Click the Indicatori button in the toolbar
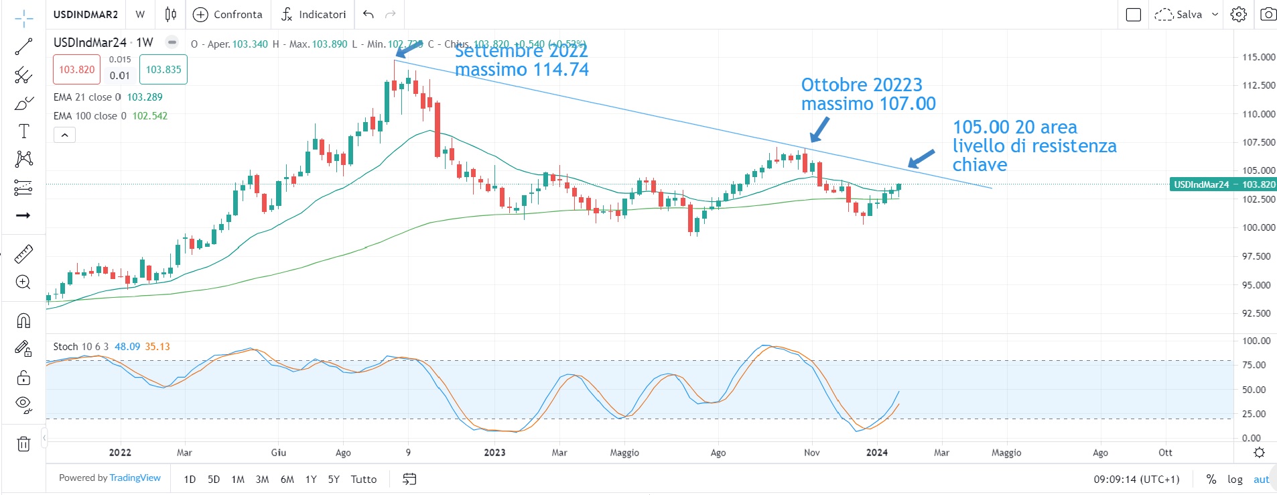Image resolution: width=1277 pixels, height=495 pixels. [x=314, y=14]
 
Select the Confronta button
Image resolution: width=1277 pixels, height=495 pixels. [x=228, y=14]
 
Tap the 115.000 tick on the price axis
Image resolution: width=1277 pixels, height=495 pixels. [x=1258, y=57]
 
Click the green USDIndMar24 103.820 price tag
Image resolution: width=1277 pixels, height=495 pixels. [x=1223, y=184]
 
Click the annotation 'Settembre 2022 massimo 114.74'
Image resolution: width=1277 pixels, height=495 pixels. [x=521, y=60]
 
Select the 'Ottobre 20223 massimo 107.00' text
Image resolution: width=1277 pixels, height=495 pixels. [x=868, y=94]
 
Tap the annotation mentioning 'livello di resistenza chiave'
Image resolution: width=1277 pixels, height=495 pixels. [x=1034, y=146]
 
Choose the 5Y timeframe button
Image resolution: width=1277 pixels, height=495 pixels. [x=334, y=479]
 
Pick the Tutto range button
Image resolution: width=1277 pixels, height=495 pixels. [x=364, y=479]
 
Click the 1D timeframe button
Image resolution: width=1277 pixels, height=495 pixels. [x=190, y=479]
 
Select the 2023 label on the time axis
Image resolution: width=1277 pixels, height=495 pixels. [x=494, y=453]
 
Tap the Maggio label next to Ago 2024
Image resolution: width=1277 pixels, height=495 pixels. [x=1006, y=453]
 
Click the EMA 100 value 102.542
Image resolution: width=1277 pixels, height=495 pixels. [x=150, y=115]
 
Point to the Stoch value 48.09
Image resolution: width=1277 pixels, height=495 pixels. [x=127, y=347]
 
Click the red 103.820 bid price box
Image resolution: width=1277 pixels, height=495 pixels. [x=76, y=70]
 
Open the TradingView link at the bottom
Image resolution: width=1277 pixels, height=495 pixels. [x=135, y=478]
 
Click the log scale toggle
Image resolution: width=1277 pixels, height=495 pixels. [x=1235, y=479]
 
